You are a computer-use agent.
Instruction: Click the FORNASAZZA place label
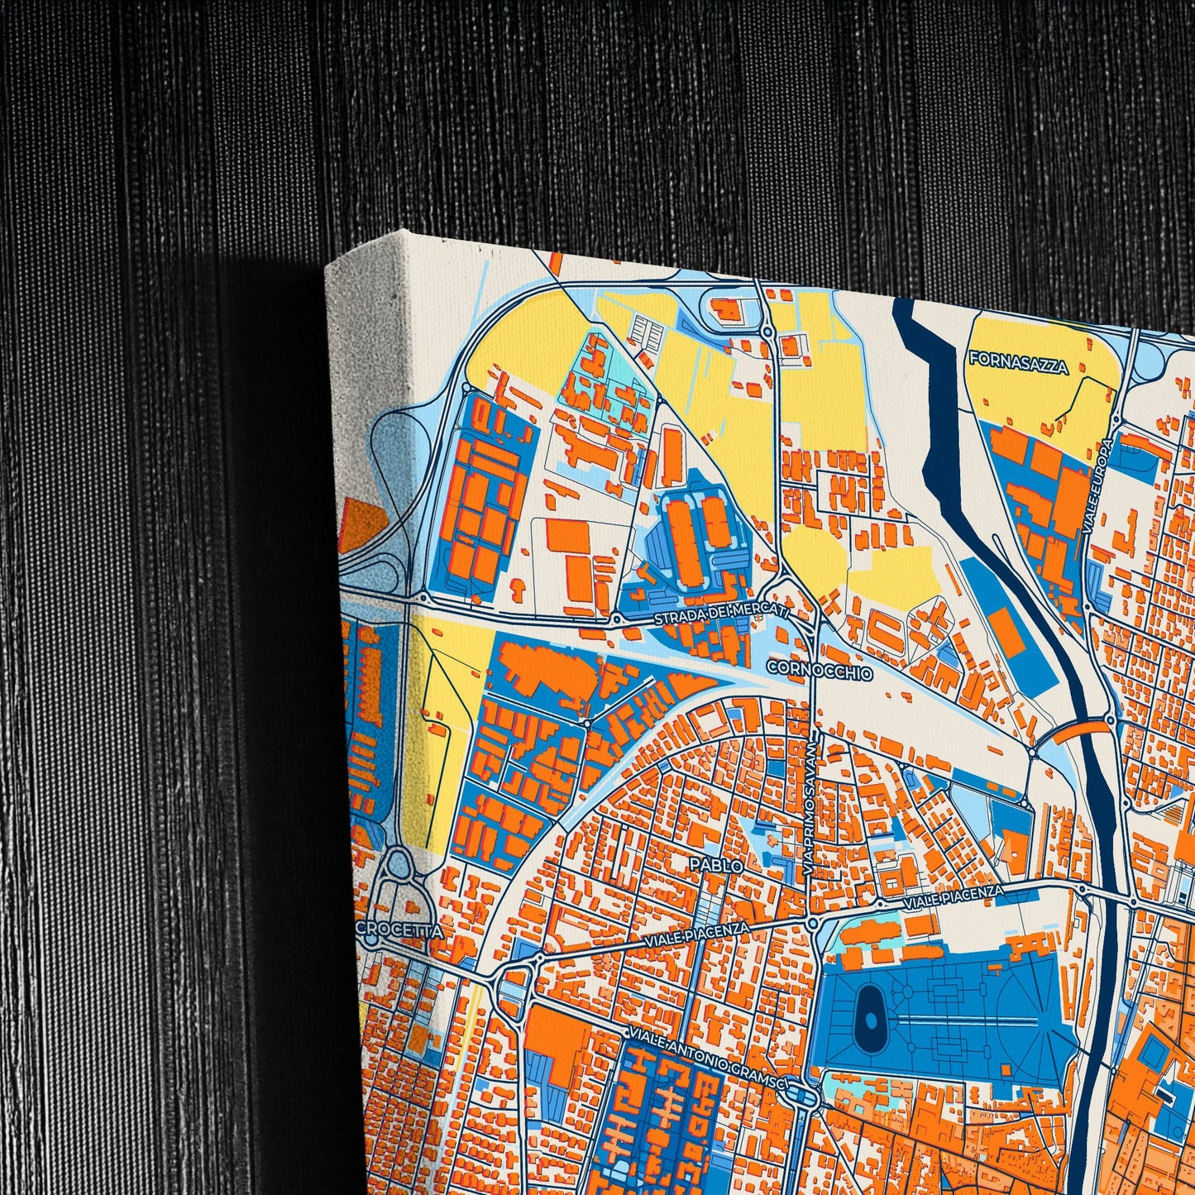[1018, 362]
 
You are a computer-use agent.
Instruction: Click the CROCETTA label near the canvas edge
[401, 930]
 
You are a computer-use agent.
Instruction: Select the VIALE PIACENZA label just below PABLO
[696, 937]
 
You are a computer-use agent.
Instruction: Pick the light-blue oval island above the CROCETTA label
[399, 865]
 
